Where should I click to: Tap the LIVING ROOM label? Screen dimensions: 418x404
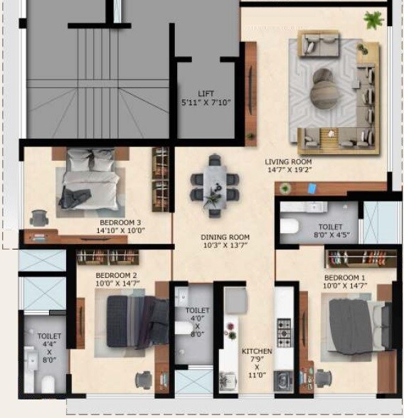point(288,162)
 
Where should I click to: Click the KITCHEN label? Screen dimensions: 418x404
point(256,352)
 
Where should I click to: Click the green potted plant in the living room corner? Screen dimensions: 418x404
point(373,19)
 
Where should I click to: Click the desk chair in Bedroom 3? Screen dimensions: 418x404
point(37,216)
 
